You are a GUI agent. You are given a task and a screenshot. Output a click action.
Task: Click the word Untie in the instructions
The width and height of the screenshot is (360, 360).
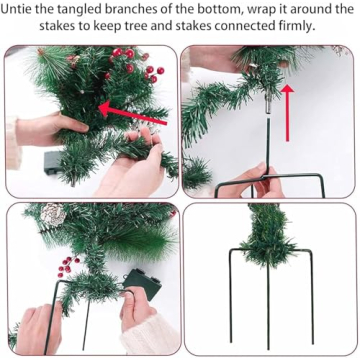[27, 9]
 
